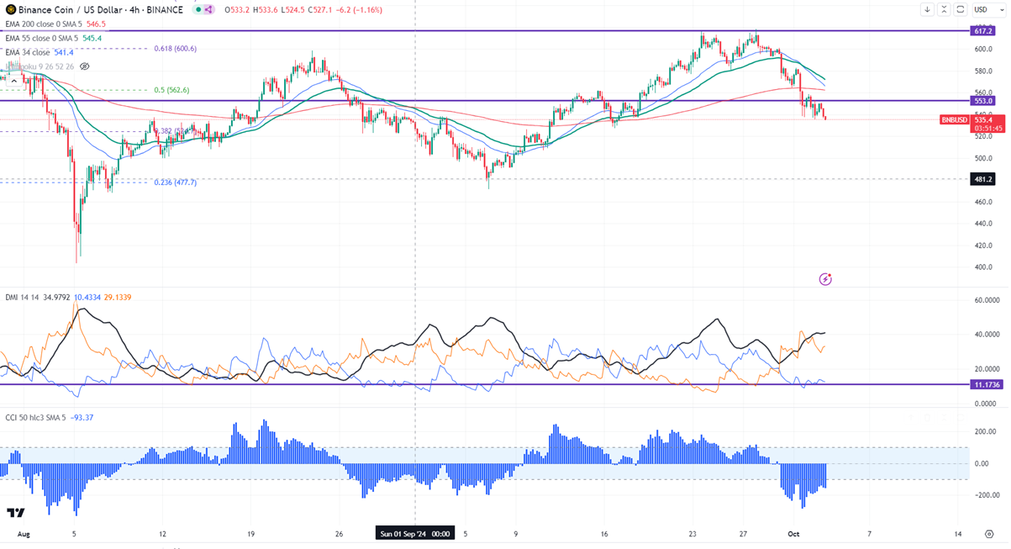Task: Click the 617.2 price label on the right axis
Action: click(983, 30)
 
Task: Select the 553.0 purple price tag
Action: click(983, 101)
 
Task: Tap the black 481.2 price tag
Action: click(983, 179)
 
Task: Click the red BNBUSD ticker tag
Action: click(955, 120)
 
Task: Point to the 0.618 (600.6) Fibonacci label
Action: click(175, 48)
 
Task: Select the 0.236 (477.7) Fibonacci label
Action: click(175, 182)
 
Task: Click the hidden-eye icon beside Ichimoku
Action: click(84, 66)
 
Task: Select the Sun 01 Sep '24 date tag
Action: click(415, 534)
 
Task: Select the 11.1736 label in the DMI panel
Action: click(986, 384)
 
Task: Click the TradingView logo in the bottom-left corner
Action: click(15, 513)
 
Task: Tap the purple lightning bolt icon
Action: click(825, 278)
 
